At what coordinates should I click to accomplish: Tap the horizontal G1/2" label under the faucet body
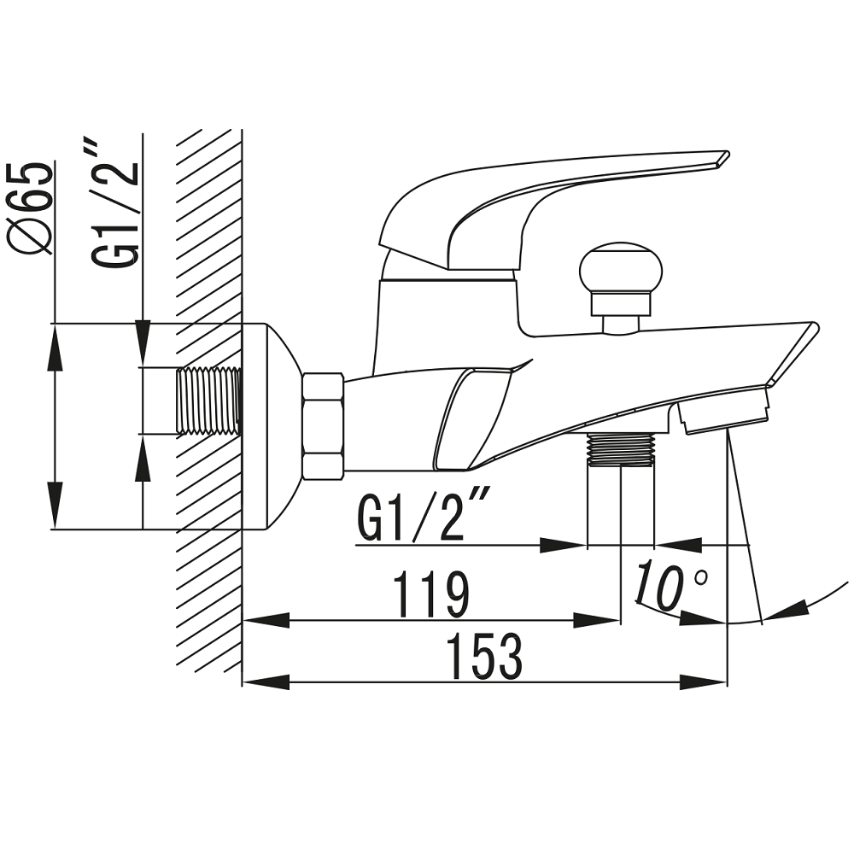tap(421, 514)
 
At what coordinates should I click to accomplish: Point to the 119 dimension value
tap(430, 594)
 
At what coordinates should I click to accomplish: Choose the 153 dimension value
tap(483, 656)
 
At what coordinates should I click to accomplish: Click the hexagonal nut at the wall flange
tap(323, 426)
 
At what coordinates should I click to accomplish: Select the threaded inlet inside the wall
tap(208, 401)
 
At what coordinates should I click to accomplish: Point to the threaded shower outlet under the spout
tap(621, 449)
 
